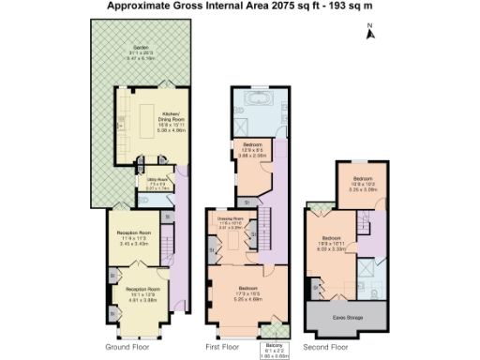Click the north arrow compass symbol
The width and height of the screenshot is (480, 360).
pyautogui.click(x=369, y=33)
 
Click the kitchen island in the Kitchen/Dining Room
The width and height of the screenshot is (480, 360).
pyautogui.click(x=148, y=120)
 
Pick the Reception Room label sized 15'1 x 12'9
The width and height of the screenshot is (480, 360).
pyautogui.click(x=142, y=292)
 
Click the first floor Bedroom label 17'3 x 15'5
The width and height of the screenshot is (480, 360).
pyautogui.click(x=248, y=291)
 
